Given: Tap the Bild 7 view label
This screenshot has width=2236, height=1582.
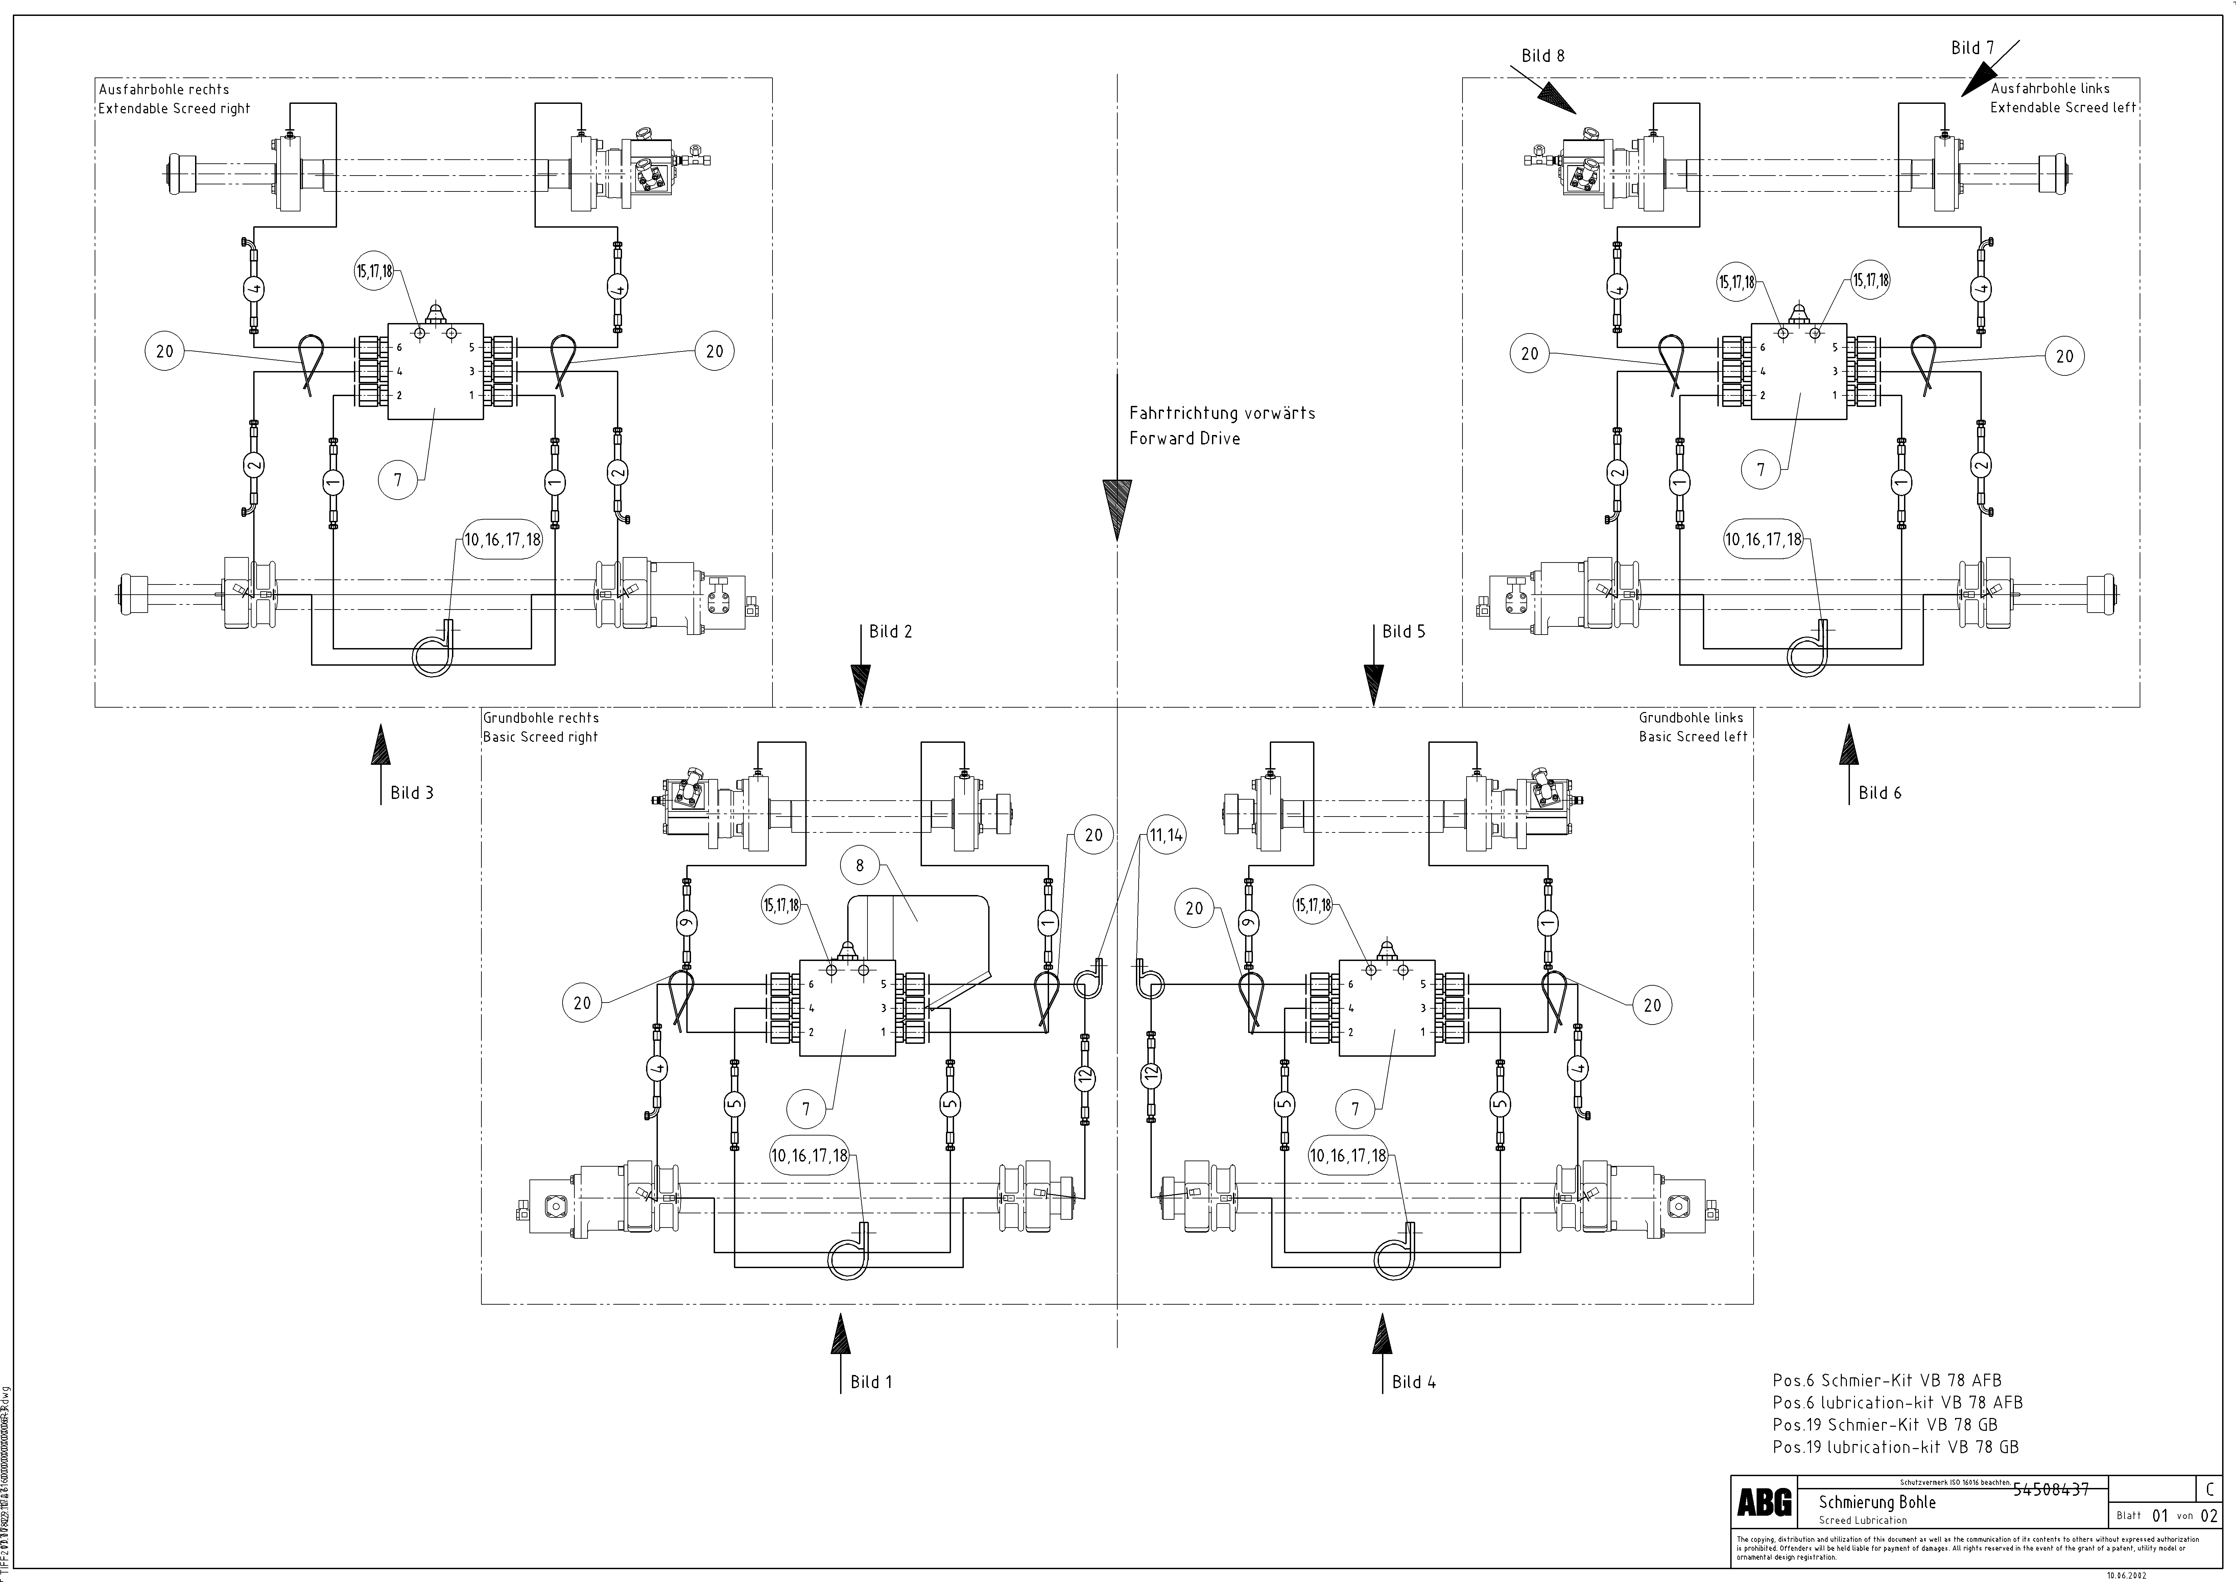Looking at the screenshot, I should (1972, 48).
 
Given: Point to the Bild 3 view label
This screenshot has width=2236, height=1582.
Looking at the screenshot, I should (412, 793).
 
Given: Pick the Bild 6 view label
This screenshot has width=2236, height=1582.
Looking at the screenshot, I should (1880, 793).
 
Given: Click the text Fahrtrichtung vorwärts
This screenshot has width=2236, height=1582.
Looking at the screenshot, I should (1221, 413).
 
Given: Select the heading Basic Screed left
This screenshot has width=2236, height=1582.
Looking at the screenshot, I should (1693, 737).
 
